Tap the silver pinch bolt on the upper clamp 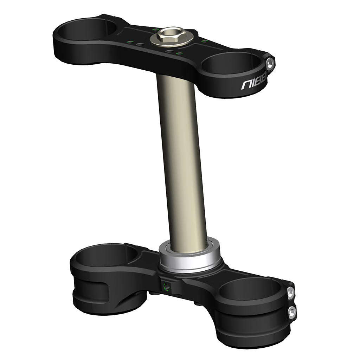pyautogui.click(x=270, y=63)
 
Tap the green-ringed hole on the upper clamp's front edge pyautogui.click(x=179, y=54)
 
